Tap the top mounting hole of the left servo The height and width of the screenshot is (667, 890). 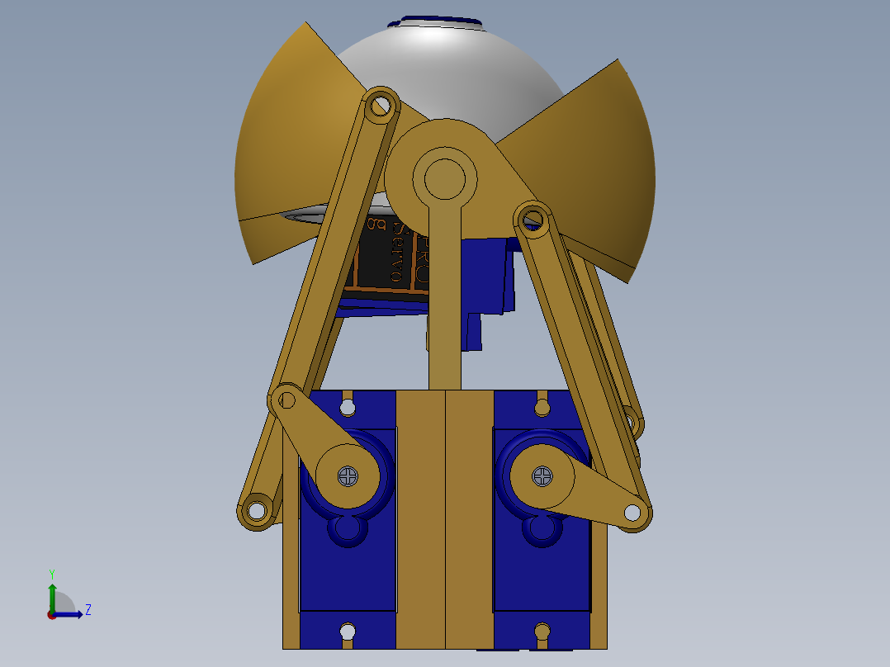(x=348, y=406)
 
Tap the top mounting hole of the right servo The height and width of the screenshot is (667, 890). (x=542, y=406)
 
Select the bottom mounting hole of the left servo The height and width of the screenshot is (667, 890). (x=348, y=632)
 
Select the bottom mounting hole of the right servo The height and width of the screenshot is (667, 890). (x=542, y=632)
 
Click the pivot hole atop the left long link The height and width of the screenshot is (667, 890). (x=381, y=106)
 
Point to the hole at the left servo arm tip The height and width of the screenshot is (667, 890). (x=286, y=401)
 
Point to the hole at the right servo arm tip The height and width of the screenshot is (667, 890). (x=633, y=513)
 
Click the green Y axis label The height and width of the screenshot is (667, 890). (x=51, y=573)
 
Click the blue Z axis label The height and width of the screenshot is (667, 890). (x=88, y=610)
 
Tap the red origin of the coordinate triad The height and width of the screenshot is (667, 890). (x=52, y=615)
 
